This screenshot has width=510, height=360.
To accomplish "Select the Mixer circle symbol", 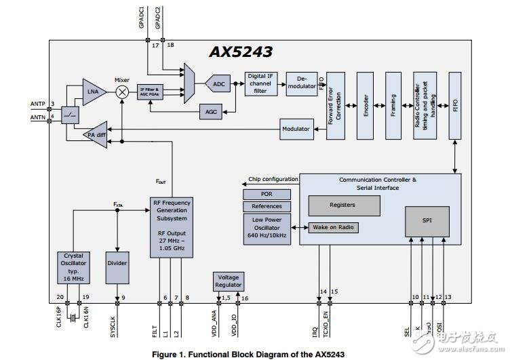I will tap(122, 92).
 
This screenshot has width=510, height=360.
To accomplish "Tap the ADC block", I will tap(217, 85).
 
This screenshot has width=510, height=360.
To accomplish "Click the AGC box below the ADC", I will tap(211, 111).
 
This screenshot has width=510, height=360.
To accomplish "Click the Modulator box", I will tap(295, 128).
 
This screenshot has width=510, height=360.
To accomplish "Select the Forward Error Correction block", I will tap(336, 106).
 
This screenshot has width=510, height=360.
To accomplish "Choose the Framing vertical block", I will tap(393, 106).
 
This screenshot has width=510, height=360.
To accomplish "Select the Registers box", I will tap(342, 205).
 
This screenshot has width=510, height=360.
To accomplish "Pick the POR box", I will tap(267, 195).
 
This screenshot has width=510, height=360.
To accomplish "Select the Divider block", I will tap(117, 264).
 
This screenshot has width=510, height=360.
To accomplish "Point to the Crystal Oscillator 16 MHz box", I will tap(73, 268).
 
